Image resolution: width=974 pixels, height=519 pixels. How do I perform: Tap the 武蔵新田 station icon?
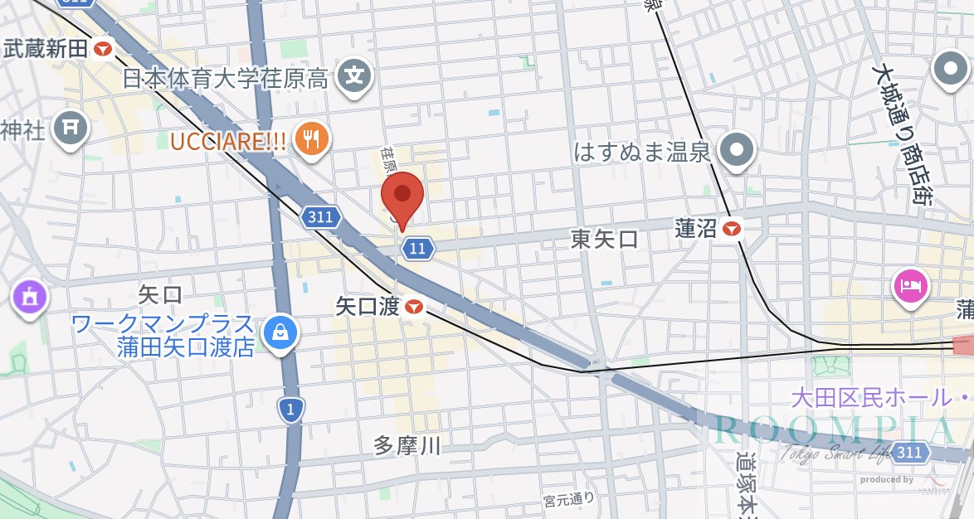tap(104, 49)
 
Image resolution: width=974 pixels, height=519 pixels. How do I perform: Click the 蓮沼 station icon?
tap(732, 229)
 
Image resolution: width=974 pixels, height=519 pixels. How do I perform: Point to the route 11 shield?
tap(417, 247)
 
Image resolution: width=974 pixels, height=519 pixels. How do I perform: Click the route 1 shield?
tap(290, 409)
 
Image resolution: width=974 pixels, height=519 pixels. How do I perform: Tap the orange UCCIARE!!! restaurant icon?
tap(312, 138)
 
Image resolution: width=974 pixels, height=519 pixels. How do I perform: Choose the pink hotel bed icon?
tap(910, 287)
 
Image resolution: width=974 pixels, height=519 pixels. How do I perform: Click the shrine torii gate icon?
tap(70, 128)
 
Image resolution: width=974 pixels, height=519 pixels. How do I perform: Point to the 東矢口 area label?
tap(605, 240)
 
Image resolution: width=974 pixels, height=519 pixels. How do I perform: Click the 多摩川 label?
tap(407, 446)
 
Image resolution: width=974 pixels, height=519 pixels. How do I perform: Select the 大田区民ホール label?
tap(871, 397)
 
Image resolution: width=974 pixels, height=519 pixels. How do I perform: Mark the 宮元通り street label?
tap(569, 499)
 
